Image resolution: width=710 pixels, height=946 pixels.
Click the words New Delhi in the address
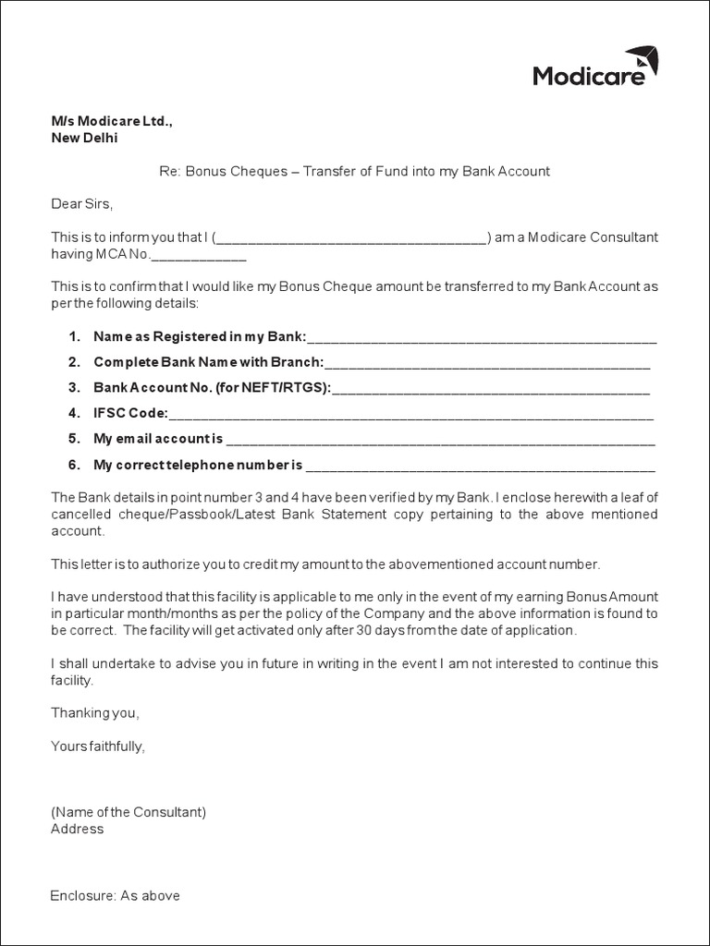click(84, 139)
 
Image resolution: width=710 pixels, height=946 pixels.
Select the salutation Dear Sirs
click(81, 203)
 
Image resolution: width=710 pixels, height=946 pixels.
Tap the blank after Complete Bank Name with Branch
click(487, 362)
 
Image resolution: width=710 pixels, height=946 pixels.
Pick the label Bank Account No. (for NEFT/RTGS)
click(212, 388)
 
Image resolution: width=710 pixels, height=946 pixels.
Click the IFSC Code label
click(130, 413)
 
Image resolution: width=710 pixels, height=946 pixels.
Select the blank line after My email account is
click(440, 439)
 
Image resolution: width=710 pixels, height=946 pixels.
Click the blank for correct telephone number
click(480, 465)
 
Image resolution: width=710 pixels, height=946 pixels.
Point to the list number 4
click(74, 413)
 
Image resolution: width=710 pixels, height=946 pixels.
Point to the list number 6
click(74, 465)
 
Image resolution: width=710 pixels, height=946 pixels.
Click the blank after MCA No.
click(198, 255)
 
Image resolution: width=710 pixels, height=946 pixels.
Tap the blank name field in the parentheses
click(352, 238)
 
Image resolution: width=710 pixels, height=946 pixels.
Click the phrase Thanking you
click(94, 713)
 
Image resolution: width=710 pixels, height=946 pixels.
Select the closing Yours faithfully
click(98, 746)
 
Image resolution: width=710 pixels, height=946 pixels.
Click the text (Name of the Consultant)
click(128, 812)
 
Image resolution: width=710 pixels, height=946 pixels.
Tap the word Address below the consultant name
click(78, 829)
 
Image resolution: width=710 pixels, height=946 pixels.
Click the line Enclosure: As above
click(116, 895)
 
